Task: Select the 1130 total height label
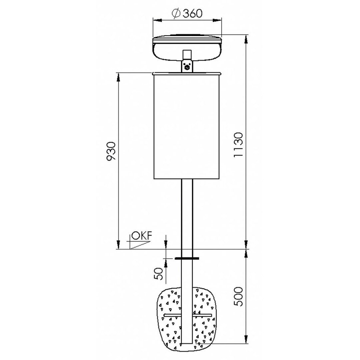238,145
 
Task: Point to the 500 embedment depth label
238,296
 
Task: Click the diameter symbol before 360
176,14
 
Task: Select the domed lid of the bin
187,48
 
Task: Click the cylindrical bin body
186,127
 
